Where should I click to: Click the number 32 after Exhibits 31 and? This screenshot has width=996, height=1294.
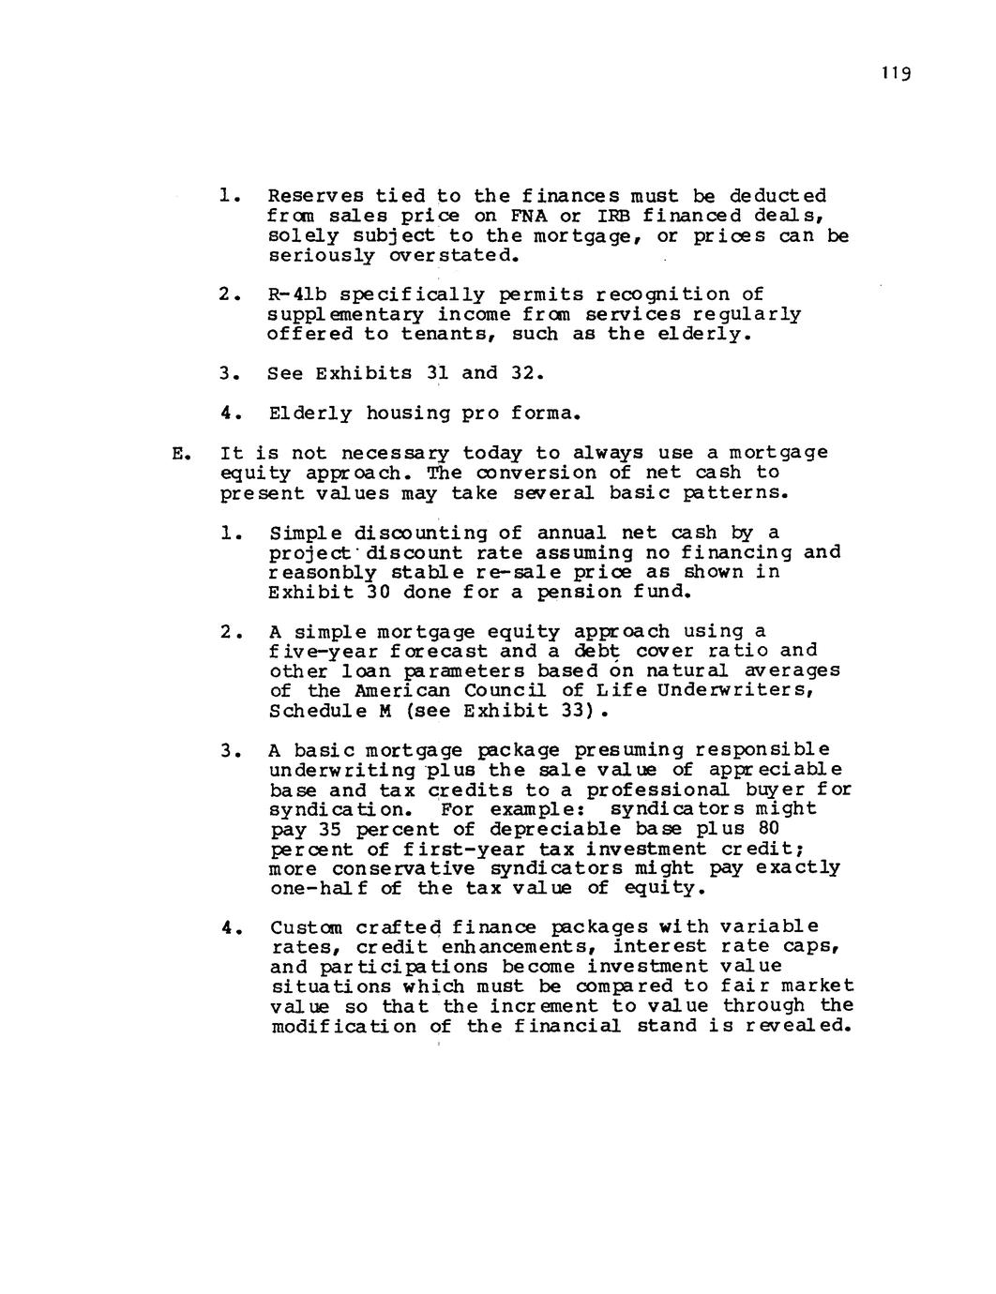click(527, 373)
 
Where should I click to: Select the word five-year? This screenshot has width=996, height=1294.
click(315, 651)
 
